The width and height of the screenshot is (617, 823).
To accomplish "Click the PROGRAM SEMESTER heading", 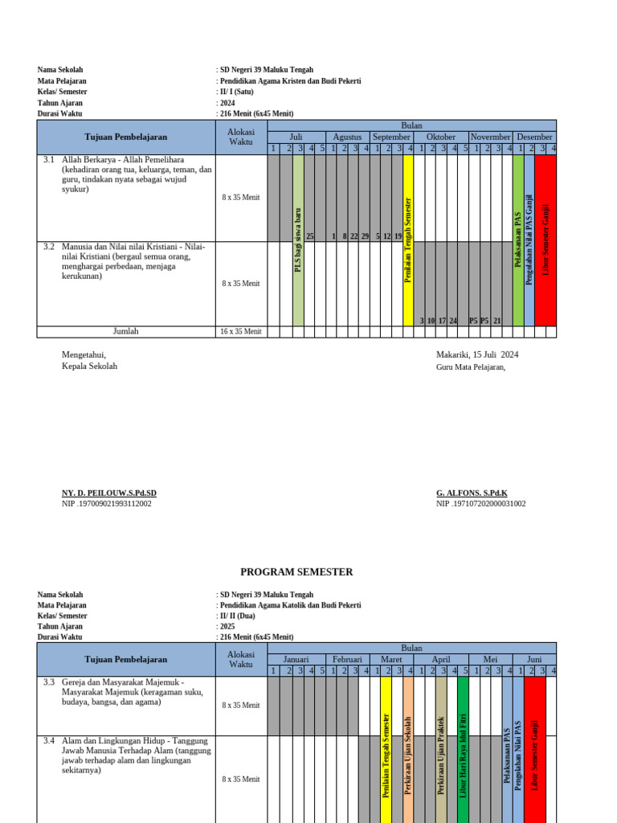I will (x=296, y=572).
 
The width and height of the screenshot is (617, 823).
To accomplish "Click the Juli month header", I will (x=296, y=137).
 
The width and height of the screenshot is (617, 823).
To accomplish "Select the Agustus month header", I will (x=347, y=137).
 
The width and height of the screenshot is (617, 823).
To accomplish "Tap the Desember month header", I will (x=534, y=137).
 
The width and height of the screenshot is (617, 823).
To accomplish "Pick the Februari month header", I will (x=347, y=659).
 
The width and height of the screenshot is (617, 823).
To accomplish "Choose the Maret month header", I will (x=391, y=659).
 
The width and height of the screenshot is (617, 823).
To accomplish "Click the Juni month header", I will (x=534, y=659).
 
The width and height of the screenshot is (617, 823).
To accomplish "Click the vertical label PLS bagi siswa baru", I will (x=298, y=238).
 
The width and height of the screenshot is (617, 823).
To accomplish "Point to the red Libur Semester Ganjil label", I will (x=545, y=239).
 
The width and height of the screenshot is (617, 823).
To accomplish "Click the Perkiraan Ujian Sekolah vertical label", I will (x=408, y=755).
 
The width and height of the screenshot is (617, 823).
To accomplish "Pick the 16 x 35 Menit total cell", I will (x=241, y=331).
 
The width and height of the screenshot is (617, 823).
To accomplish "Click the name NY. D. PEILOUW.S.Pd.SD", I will (x=109, y=493).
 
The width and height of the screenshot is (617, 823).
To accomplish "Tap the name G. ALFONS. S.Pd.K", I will (x=472, y=493).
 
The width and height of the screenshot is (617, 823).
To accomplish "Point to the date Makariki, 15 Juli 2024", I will (x=477, y=354).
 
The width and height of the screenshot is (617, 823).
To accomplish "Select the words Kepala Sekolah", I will (x=89, y=366).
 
